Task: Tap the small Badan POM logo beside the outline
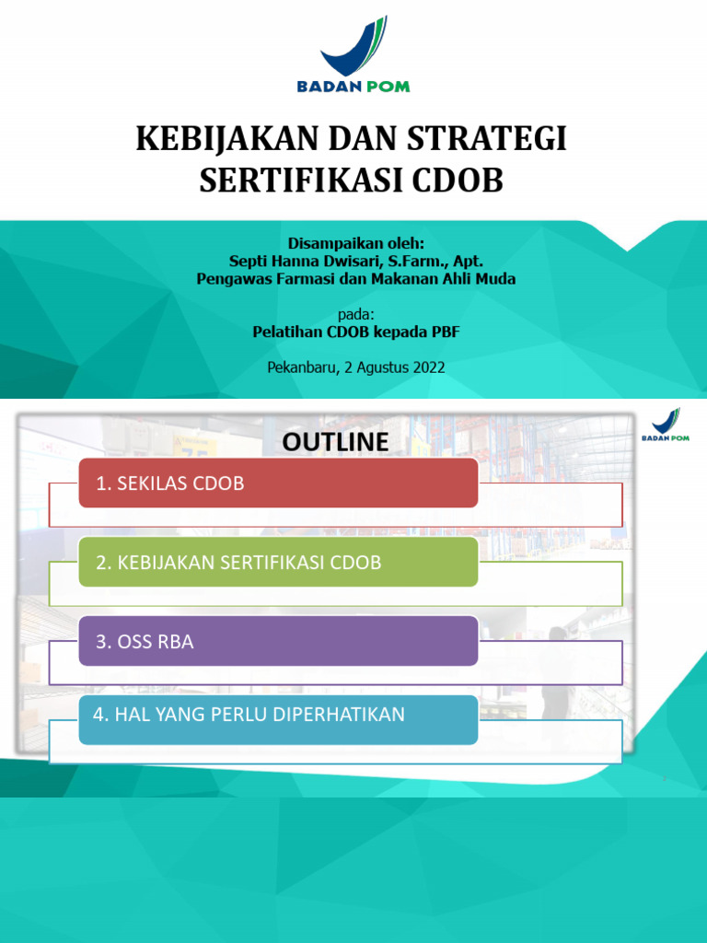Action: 666,426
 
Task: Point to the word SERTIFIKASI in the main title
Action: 299,180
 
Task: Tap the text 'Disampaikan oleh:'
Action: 356,243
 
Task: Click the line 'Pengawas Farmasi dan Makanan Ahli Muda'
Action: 356,278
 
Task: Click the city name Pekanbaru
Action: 301,367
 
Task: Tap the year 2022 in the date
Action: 428,367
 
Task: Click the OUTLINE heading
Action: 335,442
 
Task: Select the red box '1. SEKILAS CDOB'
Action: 278,483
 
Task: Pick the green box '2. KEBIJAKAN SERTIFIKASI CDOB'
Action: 278,562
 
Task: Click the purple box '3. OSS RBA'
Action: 278,641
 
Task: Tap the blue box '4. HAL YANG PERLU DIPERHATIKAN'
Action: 278,719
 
